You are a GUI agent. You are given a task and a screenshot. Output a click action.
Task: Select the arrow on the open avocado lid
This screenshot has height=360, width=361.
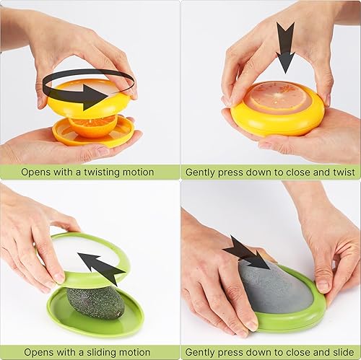coord(102,268)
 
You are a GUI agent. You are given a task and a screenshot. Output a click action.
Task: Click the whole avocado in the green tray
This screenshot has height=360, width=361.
coord(95,302)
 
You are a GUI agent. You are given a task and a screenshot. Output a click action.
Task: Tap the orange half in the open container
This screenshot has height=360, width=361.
coord(93,126)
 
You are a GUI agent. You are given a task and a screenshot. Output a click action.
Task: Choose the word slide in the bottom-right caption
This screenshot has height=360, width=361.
coord(342,352)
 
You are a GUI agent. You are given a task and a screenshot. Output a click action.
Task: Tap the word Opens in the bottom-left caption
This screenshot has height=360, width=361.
coord(36,352)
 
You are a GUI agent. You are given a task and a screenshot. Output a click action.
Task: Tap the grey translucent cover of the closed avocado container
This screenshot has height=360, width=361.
coord(271,289)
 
